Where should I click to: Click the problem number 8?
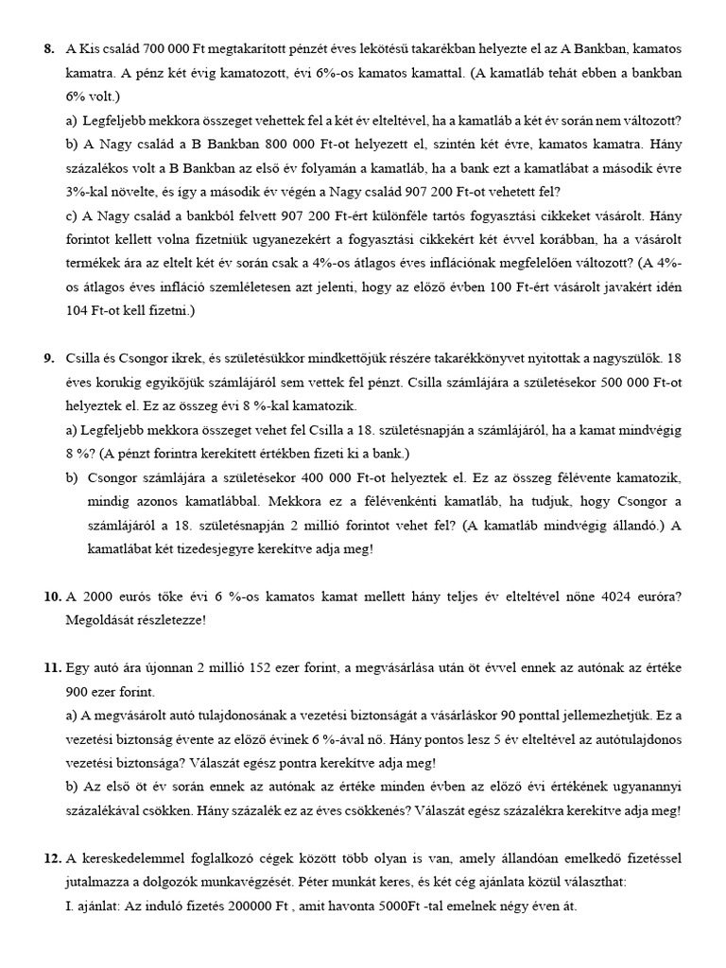[x=49, y=48]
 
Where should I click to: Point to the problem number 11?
[x=52, y=668]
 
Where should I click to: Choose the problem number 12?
[x=52, y=858]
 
